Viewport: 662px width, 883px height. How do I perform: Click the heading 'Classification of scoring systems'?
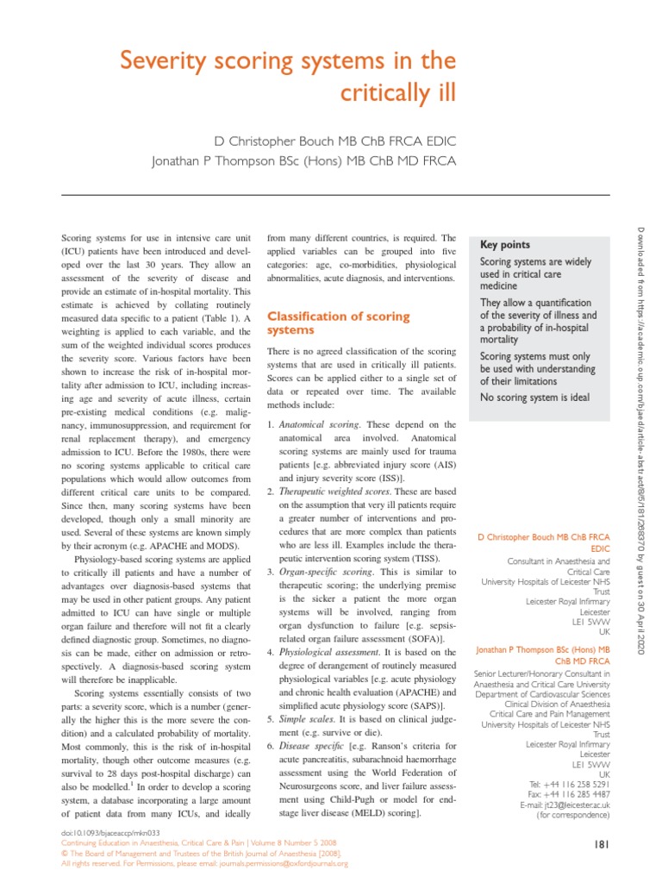338,323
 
